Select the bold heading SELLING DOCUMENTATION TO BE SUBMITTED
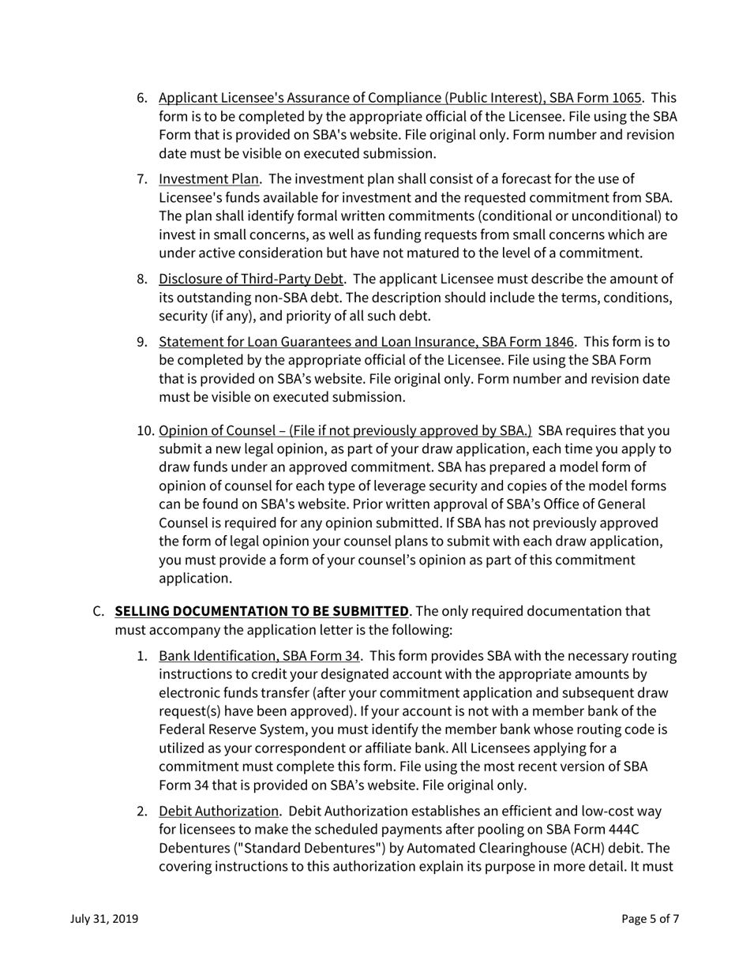coord(261,611)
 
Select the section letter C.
coord(99,611)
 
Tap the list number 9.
coord(142,341)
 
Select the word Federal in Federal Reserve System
coord(184,728)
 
